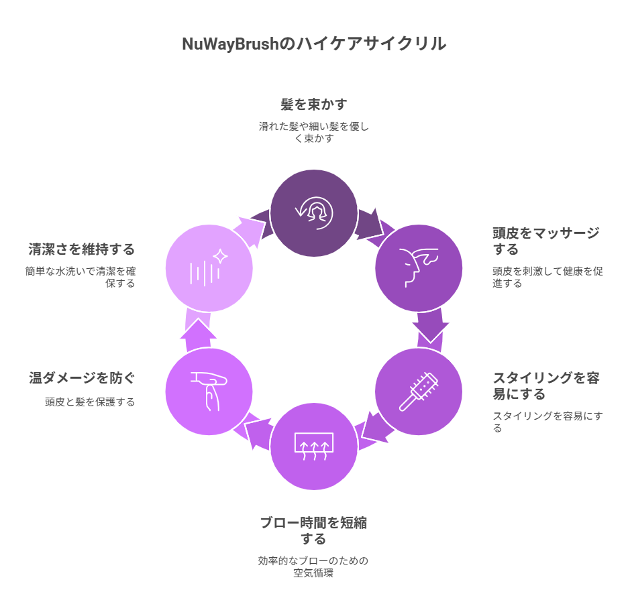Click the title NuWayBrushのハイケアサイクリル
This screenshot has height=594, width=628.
pos(314,44)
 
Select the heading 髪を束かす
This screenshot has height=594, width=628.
pos(314,105)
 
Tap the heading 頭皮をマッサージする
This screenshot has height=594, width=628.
pos(546,241)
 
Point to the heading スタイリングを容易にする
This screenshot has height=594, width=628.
pos(546,385)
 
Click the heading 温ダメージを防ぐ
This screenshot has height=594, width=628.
pos(82,378)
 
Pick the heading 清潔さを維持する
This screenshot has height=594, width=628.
pos(82,249)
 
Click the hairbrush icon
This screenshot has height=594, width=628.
pos(419,392)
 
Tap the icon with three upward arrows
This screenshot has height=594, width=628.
pos(314,446)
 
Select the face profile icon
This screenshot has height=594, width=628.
pos(417,268)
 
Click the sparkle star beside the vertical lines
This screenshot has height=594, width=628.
pos(220,257)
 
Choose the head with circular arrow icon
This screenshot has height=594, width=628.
pos(314,213)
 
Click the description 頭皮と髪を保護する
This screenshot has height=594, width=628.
pos(90,402)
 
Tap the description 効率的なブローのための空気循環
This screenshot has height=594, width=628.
pos(313,567)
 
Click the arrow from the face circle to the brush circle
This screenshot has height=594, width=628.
pos(430,329)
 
